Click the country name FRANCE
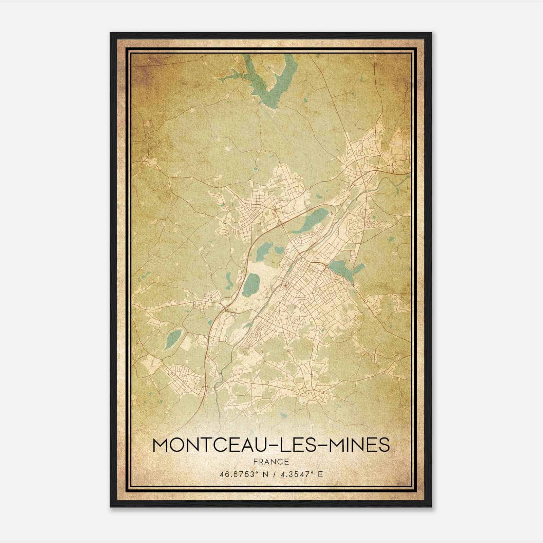[x=271, y=462]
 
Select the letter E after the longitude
[x=320, y=474]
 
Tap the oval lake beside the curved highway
[x=252, y=284]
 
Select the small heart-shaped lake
[x=279, y=250]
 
